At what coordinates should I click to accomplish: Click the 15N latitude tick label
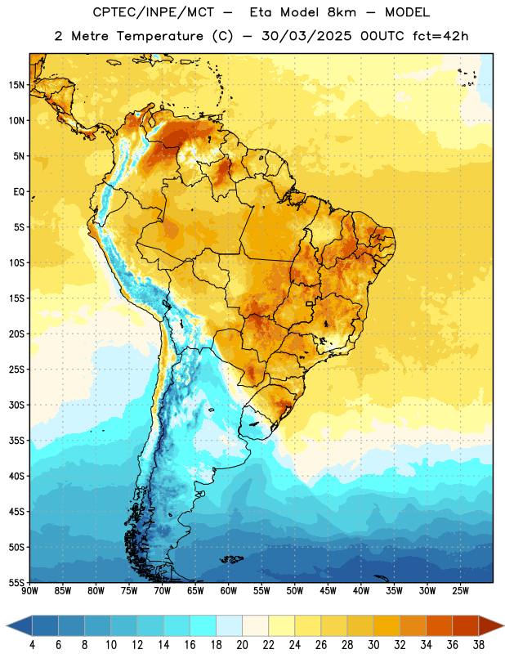tap(16, 85)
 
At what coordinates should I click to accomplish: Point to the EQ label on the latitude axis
tap(19, 192)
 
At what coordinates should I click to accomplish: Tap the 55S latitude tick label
tap(16, 583)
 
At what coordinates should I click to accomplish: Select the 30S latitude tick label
tap(16, 405)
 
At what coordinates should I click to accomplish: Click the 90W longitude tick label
tap(29, 590)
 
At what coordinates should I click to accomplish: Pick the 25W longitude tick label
tap(460, 590)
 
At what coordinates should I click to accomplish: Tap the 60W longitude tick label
tap(229, 590)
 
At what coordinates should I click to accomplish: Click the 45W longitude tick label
tap(328, 590)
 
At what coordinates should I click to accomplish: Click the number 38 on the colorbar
tap(479, 645)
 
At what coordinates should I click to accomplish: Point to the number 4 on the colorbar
tap(32, 645)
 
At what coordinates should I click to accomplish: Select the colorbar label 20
tap(242, 645)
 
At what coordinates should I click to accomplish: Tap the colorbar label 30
tap(373, 645)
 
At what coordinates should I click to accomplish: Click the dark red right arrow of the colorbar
tap(490, 626)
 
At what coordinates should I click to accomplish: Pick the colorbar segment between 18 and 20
tap(230, 626)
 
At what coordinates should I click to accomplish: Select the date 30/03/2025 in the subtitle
tap(306, 36)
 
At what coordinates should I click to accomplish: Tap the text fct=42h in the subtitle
tap(440, 36)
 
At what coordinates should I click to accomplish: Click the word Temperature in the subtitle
tap(159, 36)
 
